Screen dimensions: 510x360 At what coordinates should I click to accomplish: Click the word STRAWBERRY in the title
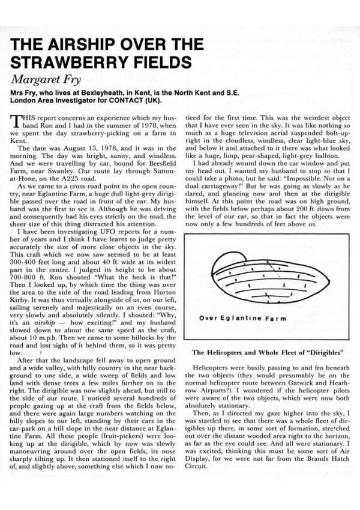tap(68, 61)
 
